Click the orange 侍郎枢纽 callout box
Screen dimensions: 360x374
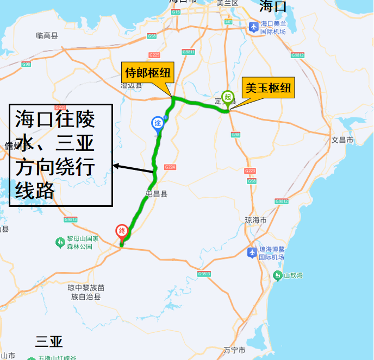(147, 72)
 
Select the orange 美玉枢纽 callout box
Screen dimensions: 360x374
(269, 88)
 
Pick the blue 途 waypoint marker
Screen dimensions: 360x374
(158, 124)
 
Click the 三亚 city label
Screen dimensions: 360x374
(49, 342)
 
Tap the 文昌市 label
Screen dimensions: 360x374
(342, 140)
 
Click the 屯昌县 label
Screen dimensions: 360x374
(157, 193)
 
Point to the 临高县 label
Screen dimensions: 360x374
(47, 35)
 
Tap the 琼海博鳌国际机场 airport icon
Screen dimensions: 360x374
(252, 252)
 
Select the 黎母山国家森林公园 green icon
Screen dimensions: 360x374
(60, 242)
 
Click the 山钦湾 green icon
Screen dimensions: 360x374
(278, 275)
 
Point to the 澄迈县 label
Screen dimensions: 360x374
(131, 85)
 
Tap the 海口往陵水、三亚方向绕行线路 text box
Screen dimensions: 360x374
(60, 155)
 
